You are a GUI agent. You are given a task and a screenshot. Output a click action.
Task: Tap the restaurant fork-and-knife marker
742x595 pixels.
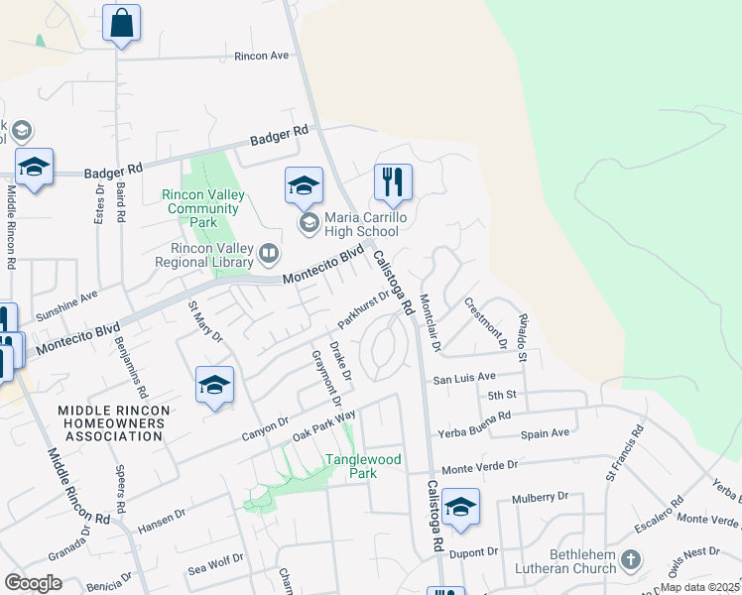coord(393,183)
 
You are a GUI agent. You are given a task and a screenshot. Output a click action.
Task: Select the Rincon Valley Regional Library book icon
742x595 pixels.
coord(268,255)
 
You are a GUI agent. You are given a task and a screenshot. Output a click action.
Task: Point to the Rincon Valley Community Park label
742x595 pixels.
coord(203,202)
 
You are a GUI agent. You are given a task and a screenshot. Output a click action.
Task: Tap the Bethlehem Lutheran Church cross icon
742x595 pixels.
coord(630,562)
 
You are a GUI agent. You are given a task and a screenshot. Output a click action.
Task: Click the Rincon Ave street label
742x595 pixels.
coord(261,56)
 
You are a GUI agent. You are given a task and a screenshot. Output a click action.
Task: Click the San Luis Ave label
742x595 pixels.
coord(463,378)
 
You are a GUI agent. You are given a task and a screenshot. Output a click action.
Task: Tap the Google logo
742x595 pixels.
coord(34,582)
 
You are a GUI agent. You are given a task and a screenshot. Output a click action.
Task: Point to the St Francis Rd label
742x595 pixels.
coord(624,454)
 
